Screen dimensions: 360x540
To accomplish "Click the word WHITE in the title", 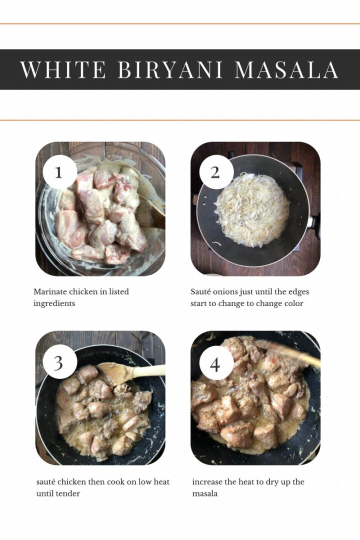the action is click(63, 70).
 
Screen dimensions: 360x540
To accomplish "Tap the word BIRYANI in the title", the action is click(170, 70).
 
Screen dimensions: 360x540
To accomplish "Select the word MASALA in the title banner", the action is click(286, 70).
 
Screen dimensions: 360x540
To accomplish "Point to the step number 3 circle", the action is click(59, 362).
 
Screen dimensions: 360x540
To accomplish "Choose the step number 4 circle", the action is click(215, 363).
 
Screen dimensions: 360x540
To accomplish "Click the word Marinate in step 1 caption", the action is click(50, 291).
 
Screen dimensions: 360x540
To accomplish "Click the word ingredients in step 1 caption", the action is click(54, 304).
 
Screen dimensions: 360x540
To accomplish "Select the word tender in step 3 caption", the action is click(68, 493).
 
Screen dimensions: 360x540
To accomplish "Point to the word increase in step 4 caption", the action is click(207, 482).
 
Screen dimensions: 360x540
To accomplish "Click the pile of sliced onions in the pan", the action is click(252, 209).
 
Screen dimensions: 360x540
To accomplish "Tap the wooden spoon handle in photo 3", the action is click(148, 371).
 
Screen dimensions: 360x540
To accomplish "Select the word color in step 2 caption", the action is click(294, 304).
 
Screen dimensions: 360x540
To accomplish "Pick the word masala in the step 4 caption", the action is click(204, 493).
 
